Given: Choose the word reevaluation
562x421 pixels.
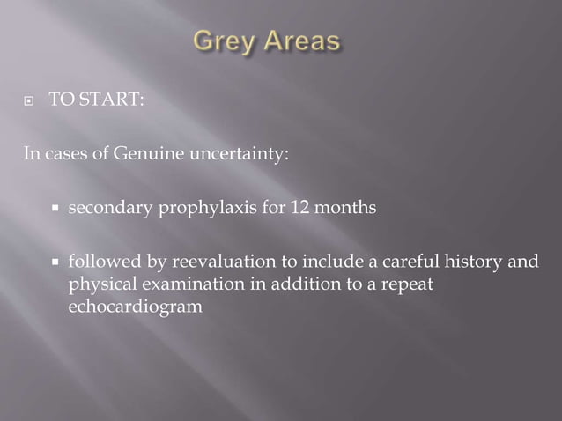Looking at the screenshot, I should [221, 262].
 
